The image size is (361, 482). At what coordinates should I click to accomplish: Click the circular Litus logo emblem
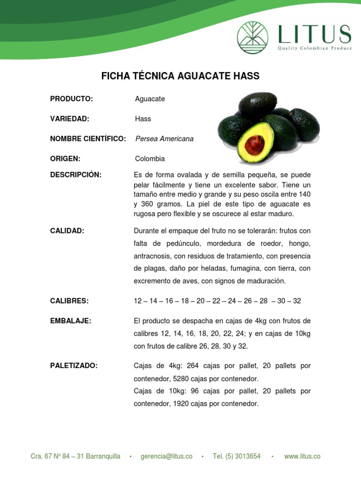pos(252,38)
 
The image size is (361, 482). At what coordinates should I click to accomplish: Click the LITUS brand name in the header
pos(314,35)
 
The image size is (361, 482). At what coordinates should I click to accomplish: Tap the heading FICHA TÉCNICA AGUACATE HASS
pos(180,76)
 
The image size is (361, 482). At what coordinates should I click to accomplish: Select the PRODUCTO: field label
pos(71,99)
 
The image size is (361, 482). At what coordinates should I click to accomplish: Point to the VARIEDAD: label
pos(70,119)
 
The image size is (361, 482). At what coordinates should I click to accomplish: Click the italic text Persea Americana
pos(164,139)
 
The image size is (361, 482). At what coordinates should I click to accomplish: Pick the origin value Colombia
pos(150,159)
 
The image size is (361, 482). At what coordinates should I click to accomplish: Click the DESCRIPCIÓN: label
pos(76,175)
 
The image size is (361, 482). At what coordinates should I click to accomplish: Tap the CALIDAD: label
pos(67,231)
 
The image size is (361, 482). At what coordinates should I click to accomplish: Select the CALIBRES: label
pos(70,301)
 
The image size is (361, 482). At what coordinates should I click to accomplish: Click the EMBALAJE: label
pos(71,321)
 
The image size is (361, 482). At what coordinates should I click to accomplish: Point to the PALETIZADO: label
pos(74,366)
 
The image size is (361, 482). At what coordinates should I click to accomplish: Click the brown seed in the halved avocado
pos(255,145)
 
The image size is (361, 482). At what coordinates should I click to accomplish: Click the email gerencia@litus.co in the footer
pos(166,457)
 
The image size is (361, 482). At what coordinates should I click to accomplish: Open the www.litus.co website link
pos(302,457)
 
